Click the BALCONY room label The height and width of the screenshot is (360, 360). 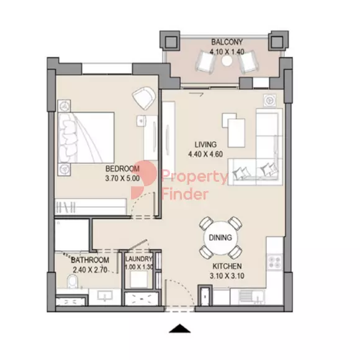[227, 42]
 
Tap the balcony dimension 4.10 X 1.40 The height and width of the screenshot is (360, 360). [227, 52]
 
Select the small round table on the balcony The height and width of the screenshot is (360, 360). [227, 60]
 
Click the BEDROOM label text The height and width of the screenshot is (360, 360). [122, 169]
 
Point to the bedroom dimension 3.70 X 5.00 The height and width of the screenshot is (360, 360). [122, 178]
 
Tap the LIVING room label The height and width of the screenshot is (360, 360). [205, 145]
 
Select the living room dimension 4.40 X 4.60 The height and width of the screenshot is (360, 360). [205, 155]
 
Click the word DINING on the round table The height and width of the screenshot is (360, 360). [220, 237]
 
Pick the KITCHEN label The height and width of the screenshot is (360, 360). [227, 266]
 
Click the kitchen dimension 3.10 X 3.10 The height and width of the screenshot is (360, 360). [227, 276]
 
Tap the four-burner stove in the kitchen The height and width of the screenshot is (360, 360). [275, 262]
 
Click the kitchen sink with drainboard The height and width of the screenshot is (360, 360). [251, 297]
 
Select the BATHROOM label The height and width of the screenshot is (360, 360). [90, 260]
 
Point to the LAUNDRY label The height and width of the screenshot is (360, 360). [138, 259]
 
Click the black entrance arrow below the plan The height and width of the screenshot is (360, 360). [180, 328]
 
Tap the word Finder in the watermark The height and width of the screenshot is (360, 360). [185, 194]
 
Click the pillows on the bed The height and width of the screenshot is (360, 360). [67, 138]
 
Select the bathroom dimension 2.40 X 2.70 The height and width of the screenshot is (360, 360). [90, 270]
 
